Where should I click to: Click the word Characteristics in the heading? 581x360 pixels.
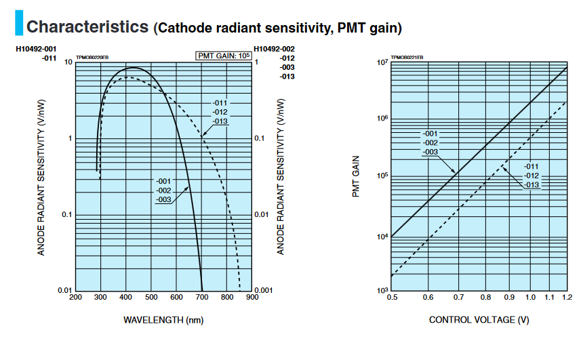(87, 26)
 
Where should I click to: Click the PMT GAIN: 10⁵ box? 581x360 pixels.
(224, 56)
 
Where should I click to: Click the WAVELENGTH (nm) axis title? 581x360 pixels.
(163, 319)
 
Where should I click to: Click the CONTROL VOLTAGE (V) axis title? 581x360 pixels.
(479, 319)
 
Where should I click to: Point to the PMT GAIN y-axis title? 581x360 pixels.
(355, 177)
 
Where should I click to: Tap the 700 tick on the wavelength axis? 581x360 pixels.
(202, 297)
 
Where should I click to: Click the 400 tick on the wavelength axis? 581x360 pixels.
(126, 297)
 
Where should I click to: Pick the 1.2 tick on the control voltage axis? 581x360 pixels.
(567, 297)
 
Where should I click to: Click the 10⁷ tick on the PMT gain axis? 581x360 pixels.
(381, 63)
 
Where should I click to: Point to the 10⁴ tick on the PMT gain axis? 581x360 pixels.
(381, 237)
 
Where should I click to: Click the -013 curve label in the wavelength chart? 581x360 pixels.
(220, 121)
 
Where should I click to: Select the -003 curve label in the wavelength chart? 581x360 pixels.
(163, 199)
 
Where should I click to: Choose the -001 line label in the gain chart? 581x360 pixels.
(430, 134)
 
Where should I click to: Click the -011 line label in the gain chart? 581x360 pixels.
(532, 167)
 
